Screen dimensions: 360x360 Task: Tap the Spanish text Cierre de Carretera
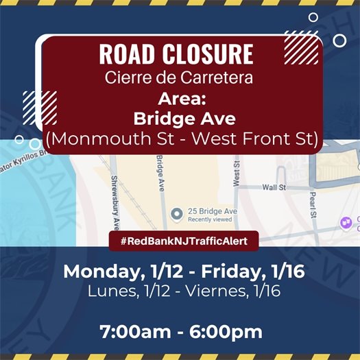(178, 77)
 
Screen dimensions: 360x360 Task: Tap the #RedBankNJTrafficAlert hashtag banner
(180, 241)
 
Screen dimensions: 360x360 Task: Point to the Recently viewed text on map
(209, 220)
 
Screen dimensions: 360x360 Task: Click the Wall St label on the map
(273, 186)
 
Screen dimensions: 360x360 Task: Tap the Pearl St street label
(311, 204)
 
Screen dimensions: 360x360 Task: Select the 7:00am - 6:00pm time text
(181, 332)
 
